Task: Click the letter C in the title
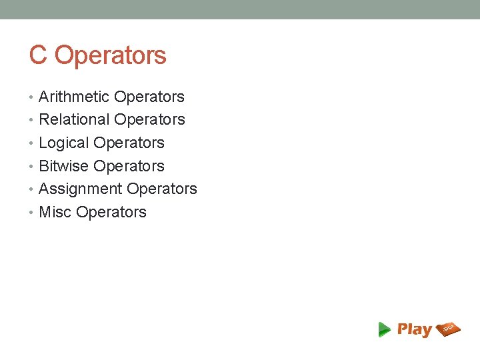[38, 55]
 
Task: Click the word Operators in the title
[110, 55]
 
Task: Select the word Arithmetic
[74, 97]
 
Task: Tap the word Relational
[75, 120]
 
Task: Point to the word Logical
[64, 143]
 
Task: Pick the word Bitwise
[64, 166]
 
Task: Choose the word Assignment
[81, 189]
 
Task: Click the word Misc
[55, 213]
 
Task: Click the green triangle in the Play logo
[384, 329]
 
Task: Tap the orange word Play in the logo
[414, 329]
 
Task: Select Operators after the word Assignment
[162, 189]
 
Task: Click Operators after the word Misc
[111, 213]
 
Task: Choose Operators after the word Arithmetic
[149, 97]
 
